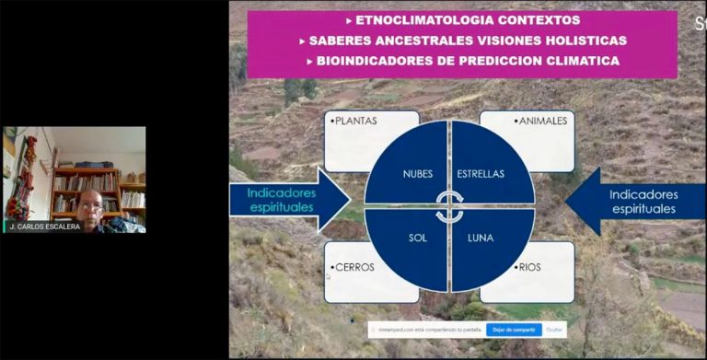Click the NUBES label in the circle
tap(417, 173)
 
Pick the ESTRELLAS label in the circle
tap(481, 173)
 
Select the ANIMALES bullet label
tap(543, 121)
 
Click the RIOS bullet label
tap(528, 269)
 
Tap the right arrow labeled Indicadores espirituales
tap(641, 201)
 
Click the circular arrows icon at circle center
tap(449, 205)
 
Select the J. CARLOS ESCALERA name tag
tap(44, 226)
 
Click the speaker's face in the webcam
tap(90, 204)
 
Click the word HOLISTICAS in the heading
tap(582, 41)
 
